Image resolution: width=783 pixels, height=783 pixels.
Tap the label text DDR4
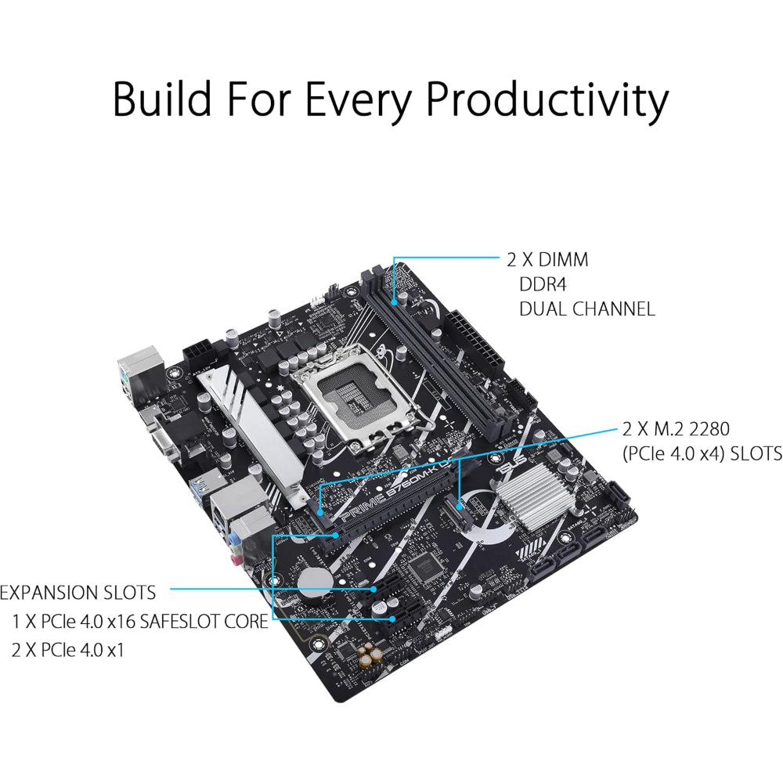[x=543, y=285]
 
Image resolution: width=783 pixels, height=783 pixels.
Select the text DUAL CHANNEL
[x=587, y=309]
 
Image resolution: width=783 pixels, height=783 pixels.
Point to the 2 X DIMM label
[x=547, y=260]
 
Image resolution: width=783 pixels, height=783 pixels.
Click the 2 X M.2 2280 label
[x=676, y=428]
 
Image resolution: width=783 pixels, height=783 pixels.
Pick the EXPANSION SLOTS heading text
[x=78, y=593]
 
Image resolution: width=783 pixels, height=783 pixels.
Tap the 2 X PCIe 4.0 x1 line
[x=67, y=650]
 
